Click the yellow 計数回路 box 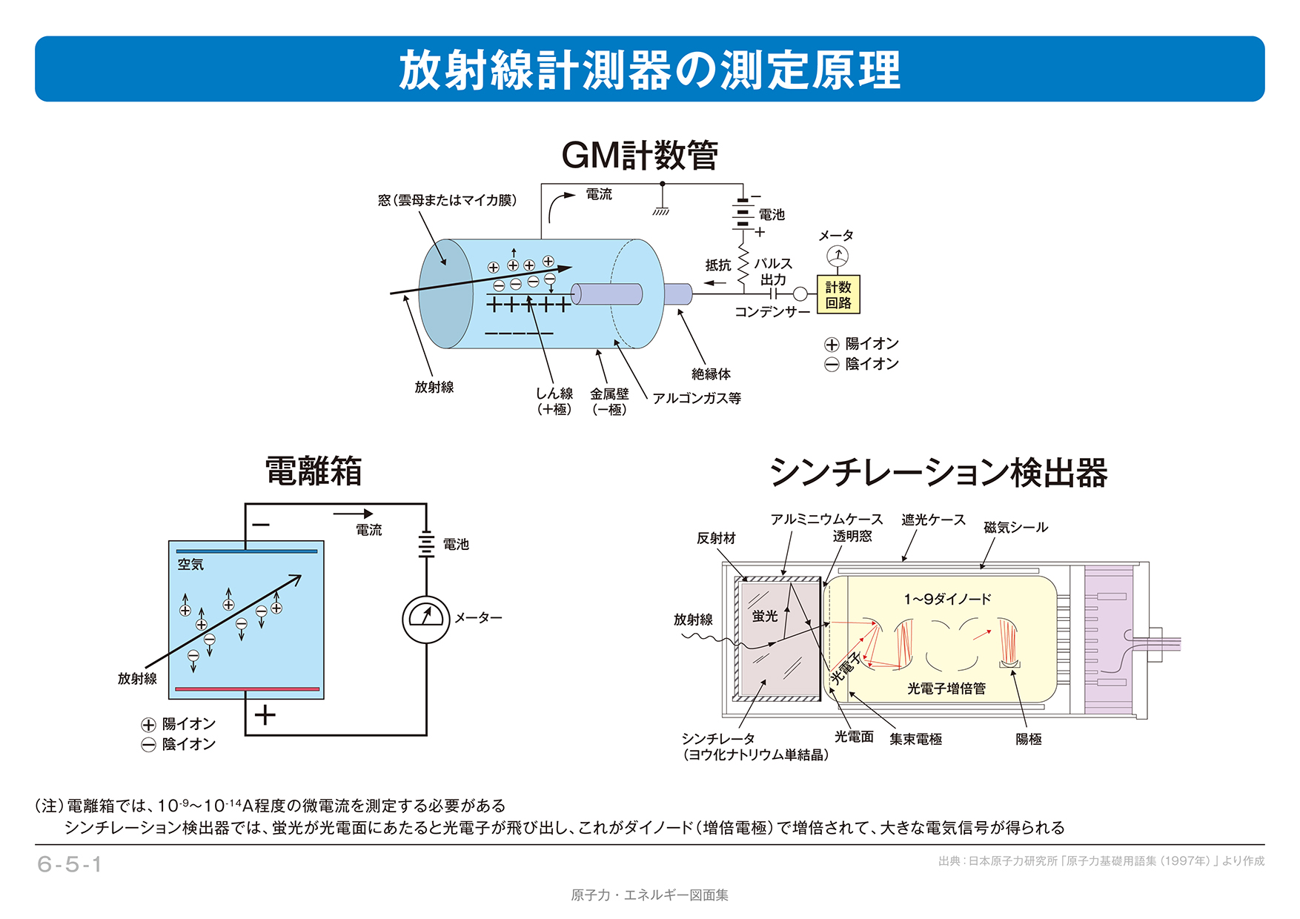tap(838, 295)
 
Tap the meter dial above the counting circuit tap(837, 256)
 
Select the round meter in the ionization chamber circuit tap(425, 619)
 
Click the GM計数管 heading tap(640, 156)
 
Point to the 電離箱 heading tap(314, 471)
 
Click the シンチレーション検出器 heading tap(938, 473)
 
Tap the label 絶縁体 tap(711, 374)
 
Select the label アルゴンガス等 tap(697, 398)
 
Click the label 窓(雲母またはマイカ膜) tap(447, 200)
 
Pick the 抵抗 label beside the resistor tap(717, 265)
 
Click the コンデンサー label tap(772, 312)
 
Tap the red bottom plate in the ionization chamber tap(247, 689)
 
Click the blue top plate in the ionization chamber tap(247, 551)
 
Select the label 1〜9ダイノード tap(947, 599)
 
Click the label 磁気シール tap(1015, 528)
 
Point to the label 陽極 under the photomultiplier tap(1029, 739)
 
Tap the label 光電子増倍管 tap(946, 689)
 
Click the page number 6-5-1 tap(69, 864)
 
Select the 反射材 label tap(716, 538)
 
